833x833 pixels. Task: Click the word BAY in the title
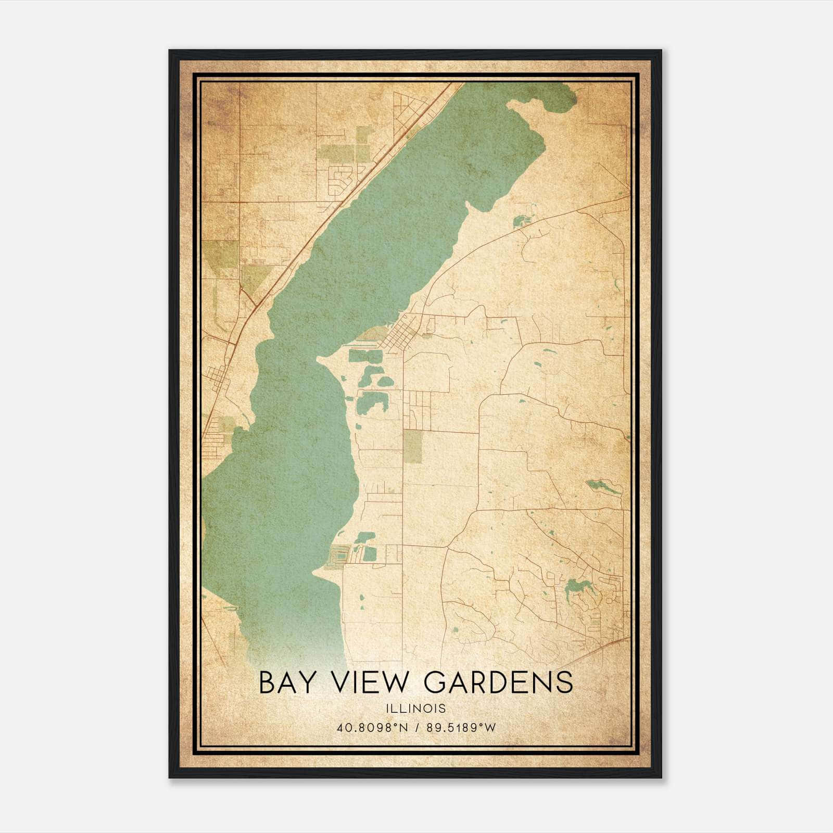(287, 683)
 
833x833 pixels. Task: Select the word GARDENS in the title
(499, 683)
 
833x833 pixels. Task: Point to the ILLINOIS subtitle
(416, 709)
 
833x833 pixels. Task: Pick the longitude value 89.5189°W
(461, 727)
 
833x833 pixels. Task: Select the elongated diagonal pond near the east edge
(603, 487)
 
